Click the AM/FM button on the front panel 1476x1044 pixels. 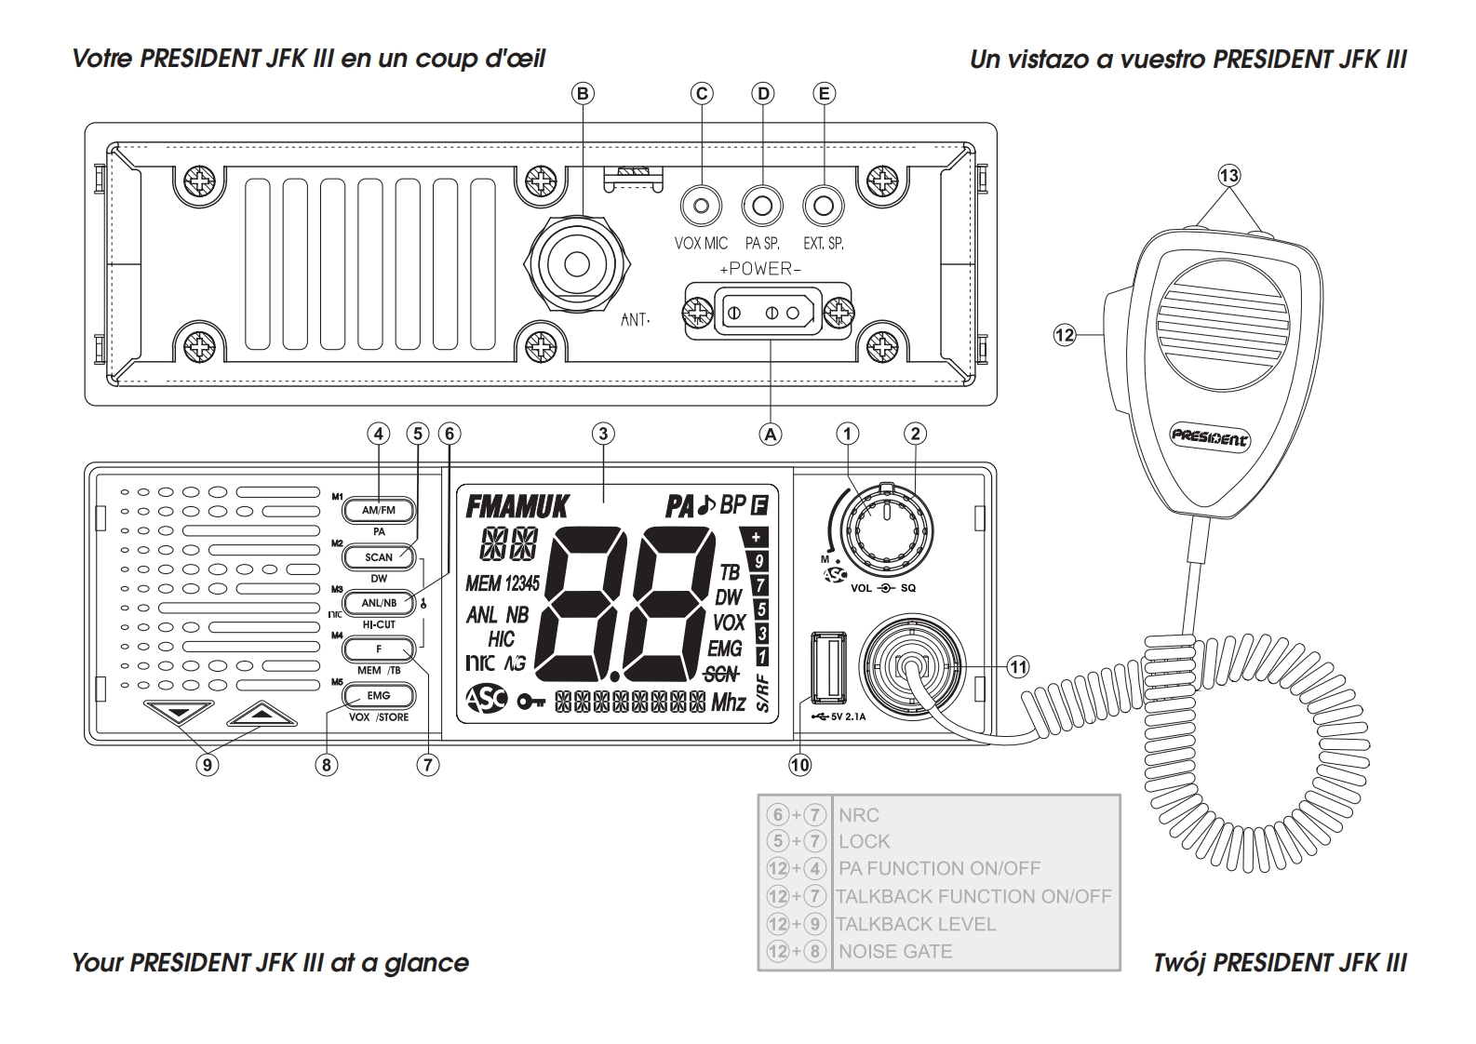click(x=378, y=511)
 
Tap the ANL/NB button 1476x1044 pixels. click(x=378, y=603)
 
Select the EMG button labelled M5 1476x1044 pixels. click(x=378, y=695)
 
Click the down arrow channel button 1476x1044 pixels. click(x=180, y=714)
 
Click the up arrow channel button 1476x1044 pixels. click(x=262, y=714)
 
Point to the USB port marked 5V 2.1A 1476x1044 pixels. click(x=827, y=667)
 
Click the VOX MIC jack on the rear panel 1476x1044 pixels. click(x=702, y=205)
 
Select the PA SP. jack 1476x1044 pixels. click(x=762, y=205)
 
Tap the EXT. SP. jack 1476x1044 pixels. click(x=823, y=205)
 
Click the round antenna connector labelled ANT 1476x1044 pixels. click(x=577, y=264)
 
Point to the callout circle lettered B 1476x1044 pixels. click(x=584, y=93)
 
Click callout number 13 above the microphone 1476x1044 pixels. click(x=1229, y=175)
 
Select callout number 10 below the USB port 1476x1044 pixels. click(x=800, y=765)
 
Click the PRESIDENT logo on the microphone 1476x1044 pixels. click(x=1210, y=437)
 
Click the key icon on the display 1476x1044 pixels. click(x=530, y=702)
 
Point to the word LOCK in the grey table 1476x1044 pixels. click(x=865, y=841)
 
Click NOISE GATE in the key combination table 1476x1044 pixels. click(x=895, y=952)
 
